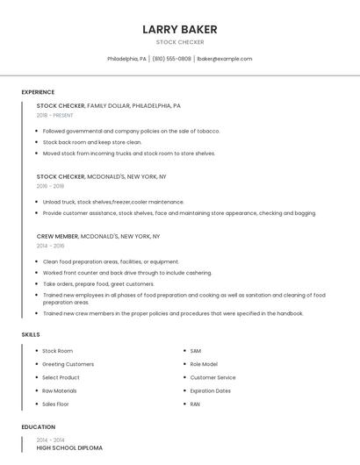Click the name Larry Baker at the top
pos(179,30)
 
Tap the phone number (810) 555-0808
pos(171,59)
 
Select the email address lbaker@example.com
pos(224,59)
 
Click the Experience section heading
pos(38,92)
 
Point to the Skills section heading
pos(30,334)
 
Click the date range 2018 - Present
pos(54,115)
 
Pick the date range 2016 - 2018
pos(50,186)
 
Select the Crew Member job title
pos(58,236)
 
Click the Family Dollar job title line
pos(109,105)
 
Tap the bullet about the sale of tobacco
pos(131,131)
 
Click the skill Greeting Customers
pos(68,364)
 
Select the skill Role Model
pos(204,364)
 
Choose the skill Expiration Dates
pos(210,390)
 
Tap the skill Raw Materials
pos(59,390)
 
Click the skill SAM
pos(195,351)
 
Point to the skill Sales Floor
pos(55,404)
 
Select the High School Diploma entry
pos(69,447)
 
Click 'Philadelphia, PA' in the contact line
pos(126,59)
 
